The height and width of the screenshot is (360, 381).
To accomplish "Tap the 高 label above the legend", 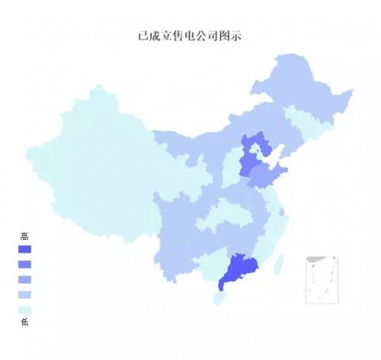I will (x=24, y=237).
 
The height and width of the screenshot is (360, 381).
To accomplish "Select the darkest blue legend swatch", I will (x=24, y=250).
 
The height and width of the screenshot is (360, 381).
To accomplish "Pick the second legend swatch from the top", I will (x=24, y=264).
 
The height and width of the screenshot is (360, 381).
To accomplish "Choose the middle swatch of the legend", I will (x=24, y=279).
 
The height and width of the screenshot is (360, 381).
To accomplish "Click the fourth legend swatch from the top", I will (x=24, y=295).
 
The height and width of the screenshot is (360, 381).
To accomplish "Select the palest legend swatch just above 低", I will (x=24, y=309).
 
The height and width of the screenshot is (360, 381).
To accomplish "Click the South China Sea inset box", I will (x=322, y=279).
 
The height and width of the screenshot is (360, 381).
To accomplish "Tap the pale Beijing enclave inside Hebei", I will (x=255, y=150).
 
